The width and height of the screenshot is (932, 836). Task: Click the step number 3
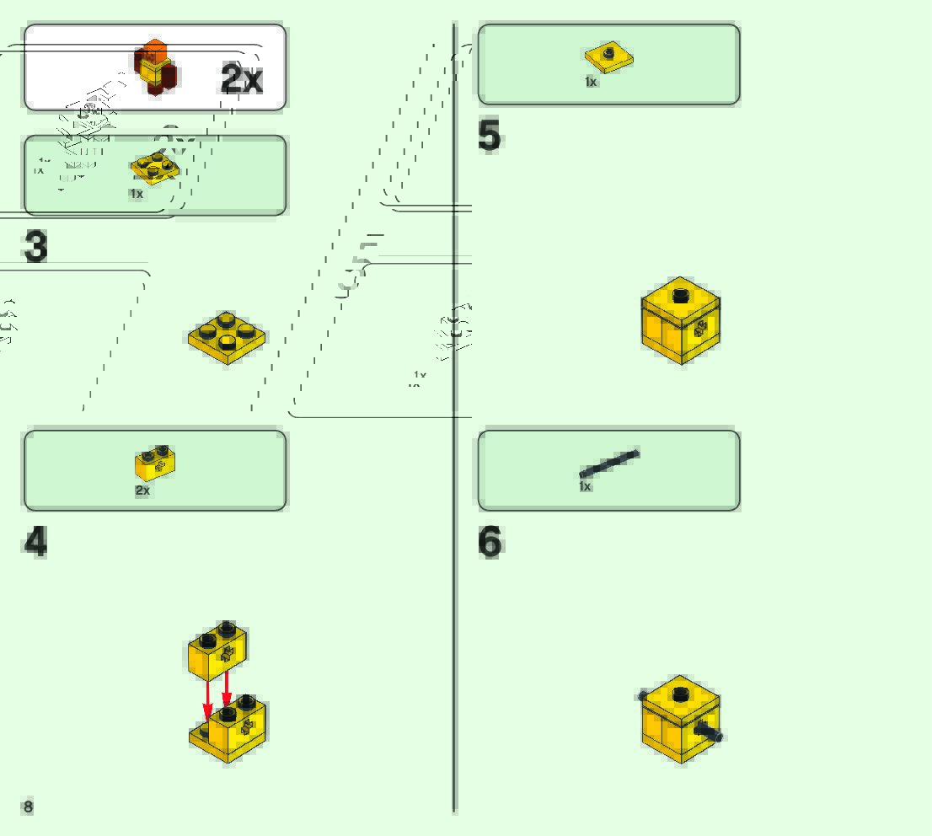coord(35,247)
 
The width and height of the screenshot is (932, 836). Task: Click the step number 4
coord(35,542)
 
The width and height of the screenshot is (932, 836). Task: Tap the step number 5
coord(489,137)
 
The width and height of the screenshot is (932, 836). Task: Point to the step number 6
coord(490,542)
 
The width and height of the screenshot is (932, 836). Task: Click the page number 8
coord(29,807)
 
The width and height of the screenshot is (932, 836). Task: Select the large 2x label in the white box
coord(242,78)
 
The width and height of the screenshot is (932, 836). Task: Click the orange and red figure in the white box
coord(155,67)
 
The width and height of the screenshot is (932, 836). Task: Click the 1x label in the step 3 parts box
coord(137,194)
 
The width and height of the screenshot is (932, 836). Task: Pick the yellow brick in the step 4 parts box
coord(155,463)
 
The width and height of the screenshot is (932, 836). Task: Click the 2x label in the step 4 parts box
coord(142,490)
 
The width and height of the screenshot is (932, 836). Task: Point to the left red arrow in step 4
coord(208,699)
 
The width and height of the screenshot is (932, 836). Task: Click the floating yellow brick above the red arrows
coord(218,649)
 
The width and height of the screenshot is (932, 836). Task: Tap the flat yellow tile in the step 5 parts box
coord(608,57)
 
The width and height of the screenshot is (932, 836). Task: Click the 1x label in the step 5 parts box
coord(591,82)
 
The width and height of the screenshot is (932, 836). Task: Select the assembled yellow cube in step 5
coord(680,320)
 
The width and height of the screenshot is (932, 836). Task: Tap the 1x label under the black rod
coord(586,486)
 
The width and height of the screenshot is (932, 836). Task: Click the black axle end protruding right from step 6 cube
coord(715,735)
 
